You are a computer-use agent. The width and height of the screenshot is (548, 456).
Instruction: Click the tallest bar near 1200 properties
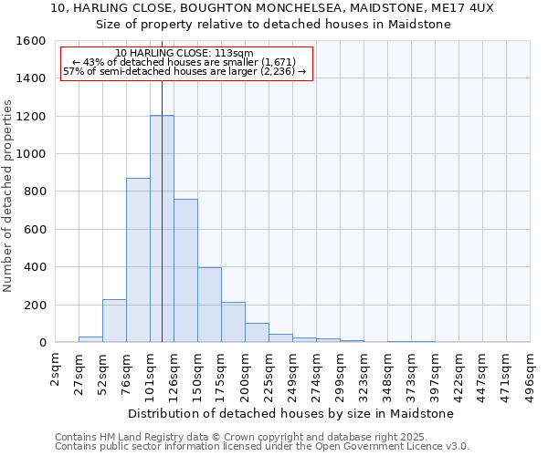[162, 228]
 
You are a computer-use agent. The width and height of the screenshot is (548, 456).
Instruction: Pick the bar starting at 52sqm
[114, 320]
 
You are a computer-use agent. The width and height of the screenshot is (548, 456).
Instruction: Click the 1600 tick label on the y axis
[31, 41]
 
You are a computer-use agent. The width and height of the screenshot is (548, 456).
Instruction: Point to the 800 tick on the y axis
[35, 192]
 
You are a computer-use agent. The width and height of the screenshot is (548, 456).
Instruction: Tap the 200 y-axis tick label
[35, 305]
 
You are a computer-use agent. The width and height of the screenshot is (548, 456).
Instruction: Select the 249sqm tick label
[292, 374]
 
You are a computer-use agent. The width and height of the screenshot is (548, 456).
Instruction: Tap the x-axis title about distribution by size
[290, 413]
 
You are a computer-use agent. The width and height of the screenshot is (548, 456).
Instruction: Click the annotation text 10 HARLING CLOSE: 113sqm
[184, 53]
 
